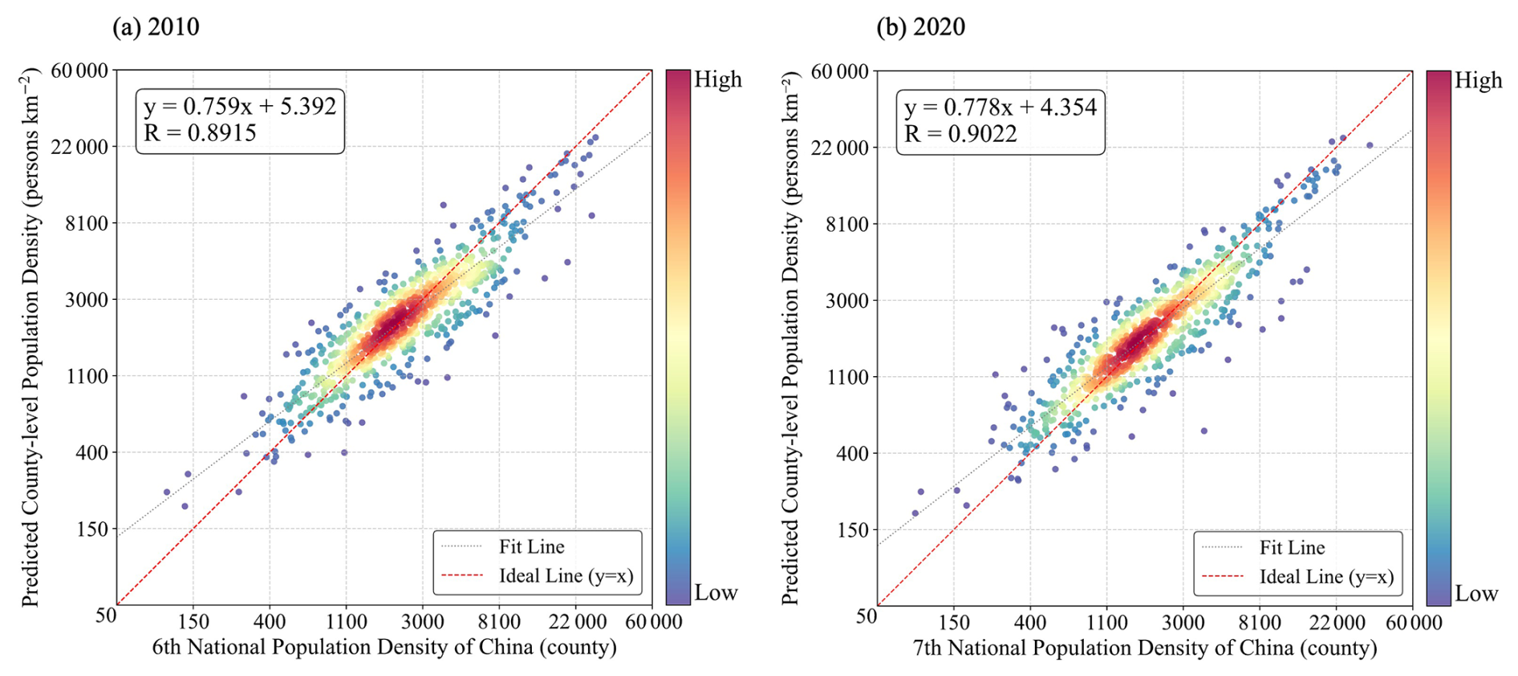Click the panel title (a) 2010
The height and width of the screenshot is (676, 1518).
click(x=156, y=26)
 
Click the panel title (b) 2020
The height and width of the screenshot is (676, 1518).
click(x=921, y=26)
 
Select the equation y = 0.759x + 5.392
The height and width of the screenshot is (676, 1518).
click(x=240, y=106)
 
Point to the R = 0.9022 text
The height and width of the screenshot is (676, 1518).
click(x=960, y=134)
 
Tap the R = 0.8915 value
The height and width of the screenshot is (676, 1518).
click(x=200, y=133)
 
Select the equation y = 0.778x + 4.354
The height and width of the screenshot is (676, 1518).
click(x=1000, y=107)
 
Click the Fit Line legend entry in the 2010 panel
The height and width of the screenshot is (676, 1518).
click(x=531, y=547)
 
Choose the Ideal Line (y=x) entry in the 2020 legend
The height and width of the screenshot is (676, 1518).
click(x=1326, y=577)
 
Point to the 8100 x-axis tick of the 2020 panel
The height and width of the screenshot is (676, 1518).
click(x=1260, y=622)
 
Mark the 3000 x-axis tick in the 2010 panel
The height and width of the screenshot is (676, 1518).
click(x=423, y=621)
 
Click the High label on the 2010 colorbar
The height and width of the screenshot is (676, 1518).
click(x=718, y=79)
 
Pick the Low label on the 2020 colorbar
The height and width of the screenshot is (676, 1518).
click(x=1476, y=593)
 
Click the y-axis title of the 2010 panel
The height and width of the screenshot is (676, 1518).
click(x=30, y=337)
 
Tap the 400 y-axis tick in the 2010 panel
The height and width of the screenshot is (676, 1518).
click(x=91, y=452)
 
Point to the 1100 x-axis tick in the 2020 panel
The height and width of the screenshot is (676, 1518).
click(x=1106, y=622)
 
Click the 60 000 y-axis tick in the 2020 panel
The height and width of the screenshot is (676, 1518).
click(x=840, y=71)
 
